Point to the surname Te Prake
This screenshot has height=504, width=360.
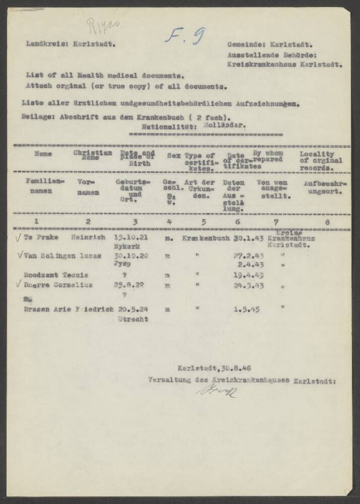click(x=37, y=237)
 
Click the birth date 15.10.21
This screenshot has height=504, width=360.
click(x=129, y=237)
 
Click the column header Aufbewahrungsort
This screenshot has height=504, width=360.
click(x=325, y=187)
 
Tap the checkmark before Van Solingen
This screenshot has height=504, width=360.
click(x=19, y=255)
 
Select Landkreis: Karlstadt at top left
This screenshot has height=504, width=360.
click(x=71, y=44)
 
